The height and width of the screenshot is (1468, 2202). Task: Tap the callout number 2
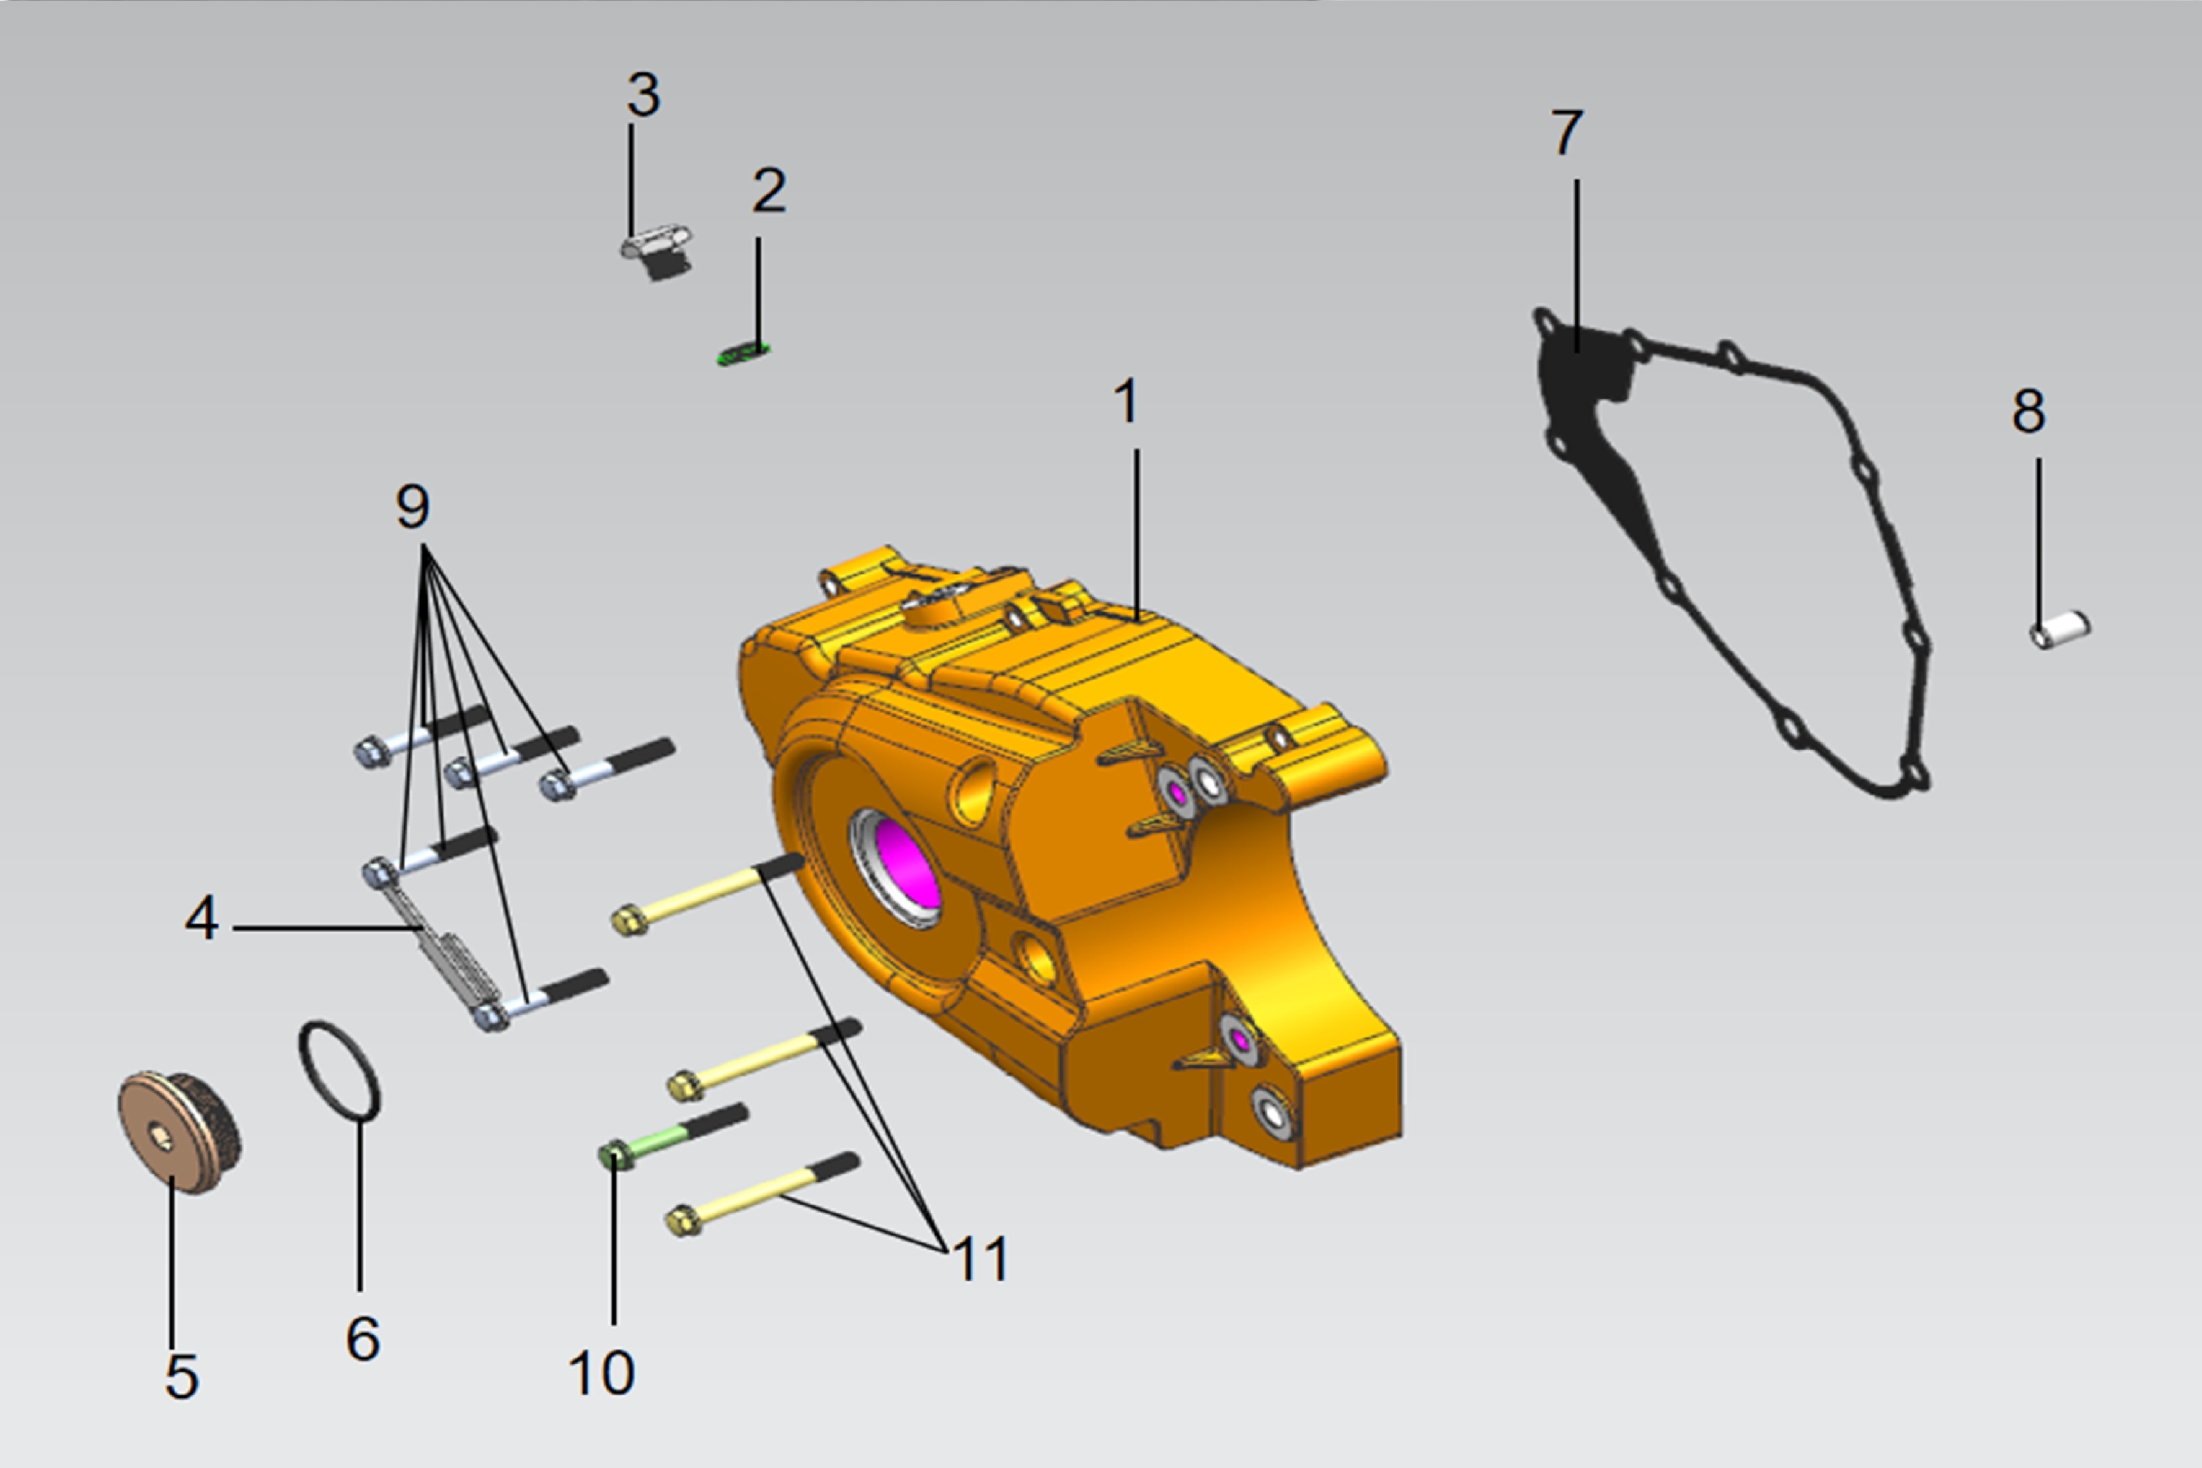coord(768,191)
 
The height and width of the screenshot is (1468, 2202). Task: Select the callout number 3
coord(643,95)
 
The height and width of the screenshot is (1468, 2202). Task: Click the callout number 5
coord(181,1376)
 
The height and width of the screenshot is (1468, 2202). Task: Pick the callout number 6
coord(363,1339)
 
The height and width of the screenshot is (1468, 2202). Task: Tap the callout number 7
coord(1567,132)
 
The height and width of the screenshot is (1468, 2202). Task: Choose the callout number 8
coord(2029,410)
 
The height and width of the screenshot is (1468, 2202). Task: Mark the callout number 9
coord(413,506)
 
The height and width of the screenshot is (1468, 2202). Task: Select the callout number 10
coord(602,1373)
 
